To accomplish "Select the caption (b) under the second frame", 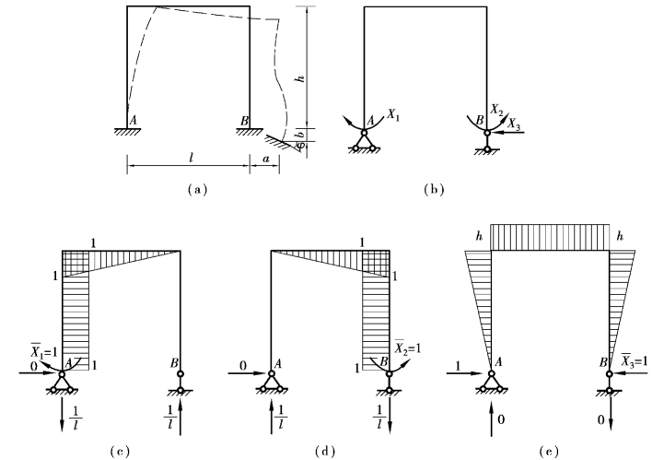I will coord(432,190).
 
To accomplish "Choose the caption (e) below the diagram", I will coord(549,451).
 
